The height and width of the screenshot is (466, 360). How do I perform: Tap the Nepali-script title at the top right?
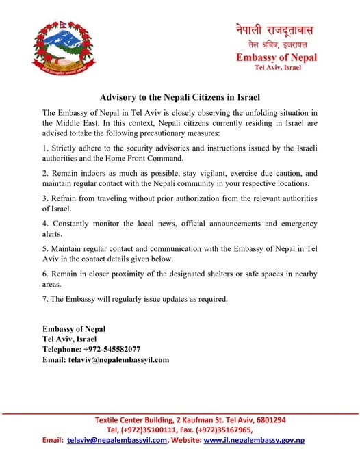pos(277,30)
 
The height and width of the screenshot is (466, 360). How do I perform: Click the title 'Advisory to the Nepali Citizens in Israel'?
pos(179,97)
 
